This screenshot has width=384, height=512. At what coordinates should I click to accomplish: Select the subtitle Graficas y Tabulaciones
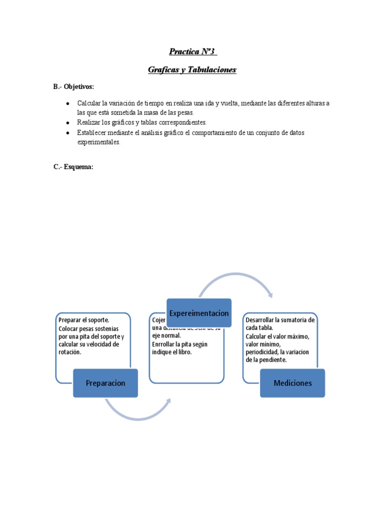tap(192, 70)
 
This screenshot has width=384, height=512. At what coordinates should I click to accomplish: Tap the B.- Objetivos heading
tap(73, 86)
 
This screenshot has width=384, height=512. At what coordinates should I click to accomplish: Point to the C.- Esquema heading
tap(73, 167)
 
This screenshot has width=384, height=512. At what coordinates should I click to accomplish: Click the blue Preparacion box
tap(105, 383)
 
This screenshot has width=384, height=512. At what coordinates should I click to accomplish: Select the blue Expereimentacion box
tap(199, 313)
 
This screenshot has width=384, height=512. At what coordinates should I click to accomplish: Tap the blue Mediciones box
tap(292, 383)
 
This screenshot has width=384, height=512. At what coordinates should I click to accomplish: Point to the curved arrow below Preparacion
tap(137, 411)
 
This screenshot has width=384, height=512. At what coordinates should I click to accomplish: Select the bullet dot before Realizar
tap(67, 122)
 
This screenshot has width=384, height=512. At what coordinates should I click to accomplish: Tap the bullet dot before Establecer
tap(67, 132)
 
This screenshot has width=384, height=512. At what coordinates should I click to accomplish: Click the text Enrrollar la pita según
tap(179, 344)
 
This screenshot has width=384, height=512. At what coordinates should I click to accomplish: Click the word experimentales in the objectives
tap(98, 142)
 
